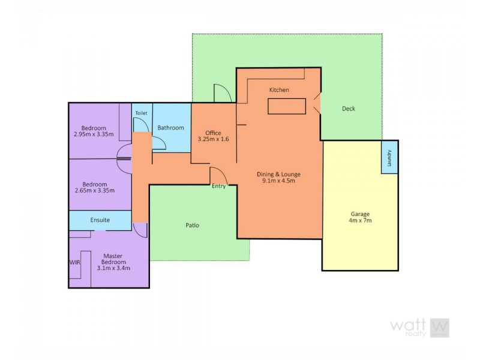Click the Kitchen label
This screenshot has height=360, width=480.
[279, 90]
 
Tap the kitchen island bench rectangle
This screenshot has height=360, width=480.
[287, 106]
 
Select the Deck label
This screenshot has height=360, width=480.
[349, 109]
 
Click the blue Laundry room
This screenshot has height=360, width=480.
[389, 157]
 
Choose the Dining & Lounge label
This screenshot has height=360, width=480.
[279, 178]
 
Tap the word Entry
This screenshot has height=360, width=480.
[219, 186]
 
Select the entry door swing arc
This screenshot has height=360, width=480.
[218, 175]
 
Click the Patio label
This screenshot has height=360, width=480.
[191, 226]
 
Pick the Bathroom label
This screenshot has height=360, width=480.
[170, 128]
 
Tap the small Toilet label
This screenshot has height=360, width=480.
[141, 113]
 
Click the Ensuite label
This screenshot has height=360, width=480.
[100, 220]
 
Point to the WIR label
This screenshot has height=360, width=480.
[74, 262]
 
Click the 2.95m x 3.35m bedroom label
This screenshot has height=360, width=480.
[95, 131]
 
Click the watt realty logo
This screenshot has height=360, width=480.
[419, 328]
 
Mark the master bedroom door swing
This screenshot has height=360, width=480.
[140, 229]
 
